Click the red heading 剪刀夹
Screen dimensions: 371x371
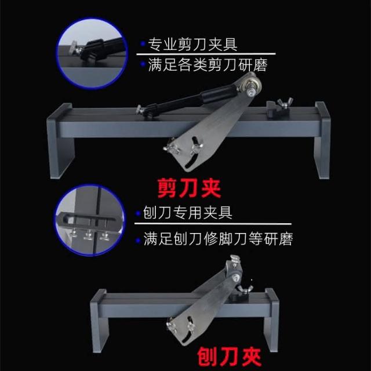pos(190,188)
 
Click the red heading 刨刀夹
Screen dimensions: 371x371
pos(230,357)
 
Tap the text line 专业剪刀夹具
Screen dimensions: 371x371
pos(192,45)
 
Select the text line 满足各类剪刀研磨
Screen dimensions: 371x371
pos(208,65)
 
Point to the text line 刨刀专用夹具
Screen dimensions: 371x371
pos(188,213)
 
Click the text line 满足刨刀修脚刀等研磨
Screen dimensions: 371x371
pos(218,238)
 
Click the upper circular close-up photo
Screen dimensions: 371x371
pos(92,53)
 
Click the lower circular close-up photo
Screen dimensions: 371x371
pos(90,220)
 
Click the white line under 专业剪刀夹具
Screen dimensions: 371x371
pos(206,54)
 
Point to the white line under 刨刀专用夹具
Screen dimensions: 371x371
pos(213,224)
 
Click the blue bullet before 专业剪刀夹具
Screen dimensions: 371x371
pos(143,44)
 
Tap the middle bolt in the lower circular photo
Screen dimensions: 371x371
pos(88,235)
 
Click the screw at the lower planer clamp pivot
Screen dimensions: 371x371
pos(235,278)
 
